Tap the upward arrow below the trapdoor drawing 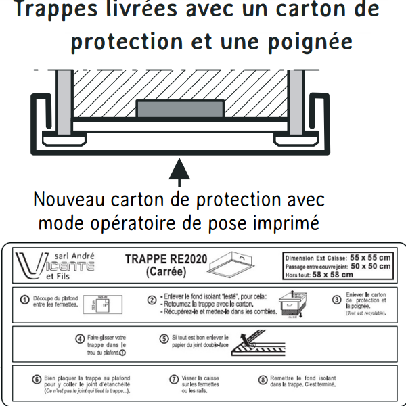coord(179,170)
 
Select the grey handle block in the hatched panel coord(179,108)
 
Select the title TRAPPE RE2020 coord(166,259)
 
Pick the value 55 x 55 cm coord(369,258)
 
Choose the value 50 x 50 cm coord(369,266)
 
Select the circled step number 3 coord(336,298)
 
